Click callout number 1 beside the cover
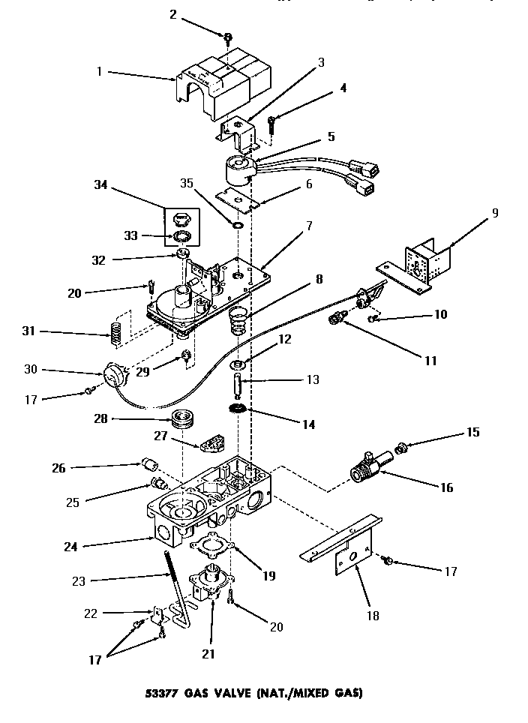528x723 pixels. (x=99, y=73)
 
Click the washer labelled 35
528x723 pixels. (x=237, y=224)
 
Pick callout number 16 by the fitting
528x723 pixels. (x=447, y=487)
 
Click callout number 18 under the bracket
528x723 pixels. (x=373, y=616)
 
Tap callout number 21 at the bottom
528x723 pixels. (x=208, y=654)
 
